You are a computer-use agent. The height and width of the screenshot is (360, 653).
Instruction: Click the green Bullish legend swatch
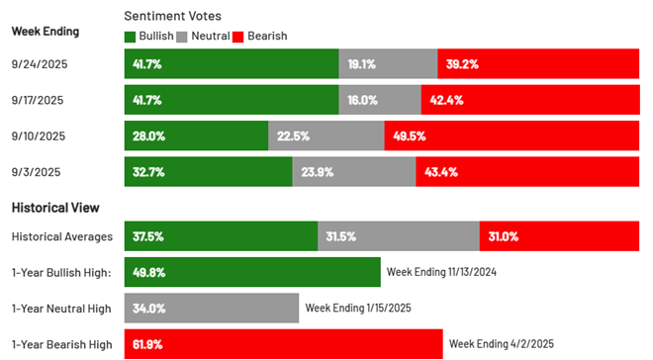point(131,37)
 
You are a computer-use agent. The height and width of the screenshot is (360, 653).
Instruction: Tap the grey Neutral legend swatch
point(181,37)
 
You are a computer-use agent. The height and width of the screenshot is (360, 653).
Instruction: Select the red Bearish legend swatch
point(238,37)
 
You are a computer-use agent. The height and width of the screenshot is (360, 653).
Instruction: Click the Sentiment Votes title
point(173,17)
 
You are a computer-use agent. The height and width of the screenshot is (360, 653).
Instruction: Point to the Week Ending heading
point(46,31)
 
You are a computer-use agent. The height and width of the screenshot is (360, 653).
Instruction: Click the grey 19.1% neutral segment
point(389,64)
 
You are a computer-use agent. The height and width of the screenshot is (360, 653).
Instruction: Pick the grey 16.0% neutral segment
point(380,100)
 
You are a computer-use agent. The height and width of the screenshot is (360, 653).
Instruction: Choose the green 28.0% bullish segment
point(196,135)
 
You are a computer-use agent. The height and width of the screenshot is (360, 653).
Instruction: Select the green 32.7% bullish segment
point(208,171)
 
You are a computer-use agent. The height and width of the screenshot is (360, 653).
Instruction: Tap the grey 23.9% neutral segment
point(353,171)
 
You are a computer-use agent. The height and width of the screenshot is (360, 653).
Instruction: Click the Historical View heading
point(55,208)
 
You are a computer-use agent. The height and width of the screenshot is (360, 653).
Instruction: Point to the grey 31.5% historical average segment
point(398,236)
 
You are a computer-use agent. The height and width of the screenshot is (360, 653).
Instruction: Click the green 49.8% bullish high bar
point(252,272)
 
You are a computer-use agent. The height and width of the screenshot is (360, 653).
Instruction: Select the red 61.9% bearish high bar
point(283,343)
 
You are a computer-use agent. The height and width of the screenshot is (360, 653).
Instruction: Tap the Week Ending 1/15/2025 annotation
point(358,308)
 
